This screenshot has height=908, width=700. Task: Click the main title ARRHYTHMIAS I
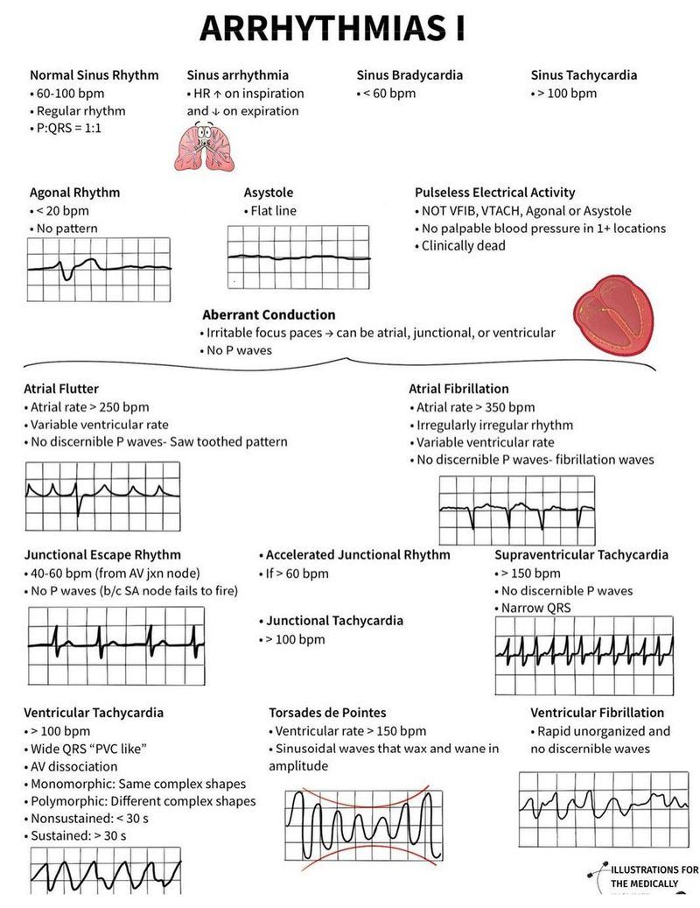(x=332, y=28)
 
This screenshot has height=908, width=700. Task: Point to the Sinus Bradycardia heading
(x=409, y=75)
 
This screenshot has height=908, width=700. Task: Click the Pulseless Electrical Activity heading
(x=494, y=193)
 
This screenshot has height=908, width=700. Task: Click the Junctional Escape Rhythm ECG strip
(x=115, y=645)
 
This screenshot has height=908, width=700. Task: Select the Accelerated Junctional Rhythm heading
(x=358, y=555)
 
